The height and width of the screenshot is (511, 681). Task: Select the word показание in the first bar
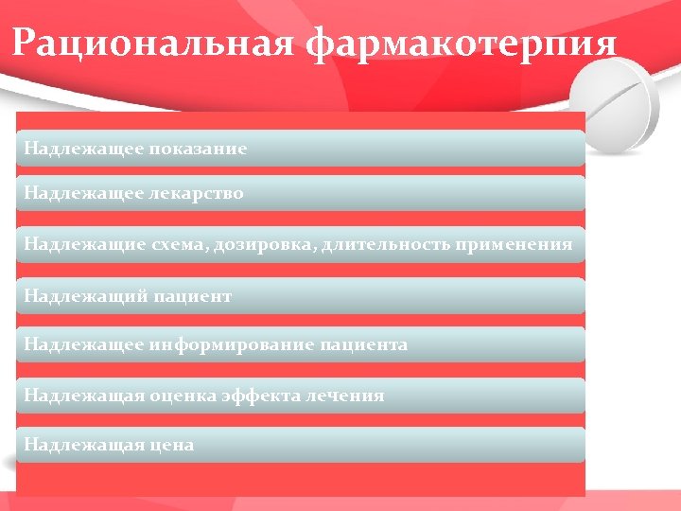coord(198,149)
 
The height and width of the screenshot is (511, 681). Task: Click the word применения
coord(514,244)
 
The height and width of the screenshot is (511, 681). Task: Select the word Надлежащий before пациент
coord(83,296)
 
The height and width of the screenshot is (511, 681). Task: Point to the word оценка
coord(184,395)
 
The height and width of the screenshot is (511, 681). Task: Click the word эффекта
coord(265,395)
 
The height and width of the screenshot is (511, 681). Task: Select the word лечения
coord(346,395)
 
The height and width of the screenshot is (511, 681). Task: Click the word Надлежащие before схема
coord(83,244)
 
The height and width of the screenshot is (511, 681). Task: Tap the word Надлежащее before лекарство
coord(83,193)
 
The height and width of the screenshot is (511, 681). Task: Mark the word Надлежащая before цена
coord(83,444)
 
